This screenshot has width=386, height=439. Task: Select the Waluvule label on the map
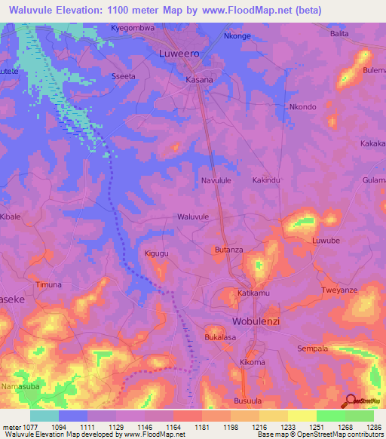[x=192, y=216]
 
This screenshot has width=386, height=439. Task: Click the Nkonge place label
[x=237, y=35]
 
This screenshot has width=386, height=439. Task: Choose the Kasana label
[x=199, y=79]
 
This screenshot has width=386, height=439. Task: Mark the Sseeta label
[x=124, y=77]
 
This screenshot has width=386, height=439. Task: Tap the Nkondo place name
[x=302, y=107]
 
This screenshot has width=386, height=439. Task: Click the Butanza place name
[x=228, y=250]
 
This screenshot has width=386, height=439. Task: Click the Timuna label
[x=48, y=285]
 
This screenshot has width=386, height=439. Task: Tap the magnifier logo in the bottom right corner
[x=348, y=401]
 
